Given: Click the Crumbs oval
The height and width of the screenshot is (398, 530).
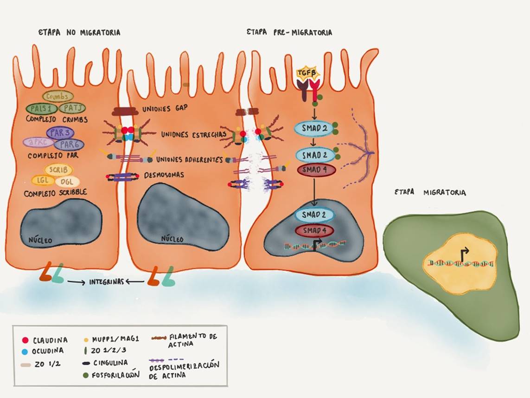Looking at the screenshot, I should pos(58,96).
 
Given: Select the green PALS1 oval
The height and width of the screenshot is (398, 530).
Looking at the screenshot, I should pos(41,108).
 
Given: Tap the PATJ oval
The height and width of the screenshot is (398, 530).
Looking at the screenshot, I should pos(71,108).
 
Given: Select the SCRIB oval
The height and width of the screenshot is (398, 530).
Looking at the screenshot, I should pos(58,170).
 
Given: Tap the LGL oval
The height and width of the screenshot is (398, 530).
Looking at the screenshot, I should pos(40,180).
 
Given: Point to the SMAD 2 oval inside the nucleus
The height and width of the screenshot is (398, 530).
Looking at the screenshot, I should pos(314,215).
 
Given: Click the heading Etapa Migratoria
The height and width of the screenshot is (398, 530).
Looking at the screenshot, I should pos(430,192).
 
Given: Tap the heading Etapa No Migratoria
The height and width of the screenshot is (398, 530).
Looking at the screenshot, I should pos(80,33).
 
